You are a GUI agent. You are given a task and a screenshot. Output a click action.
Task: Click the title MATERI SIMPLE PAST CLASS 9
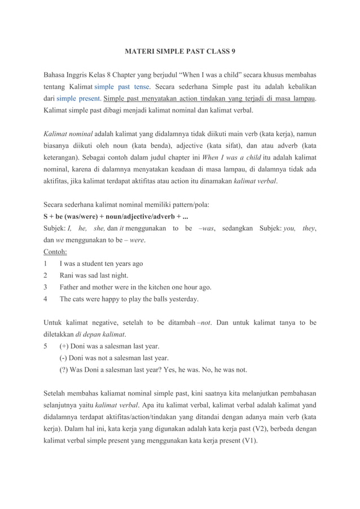180,51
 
